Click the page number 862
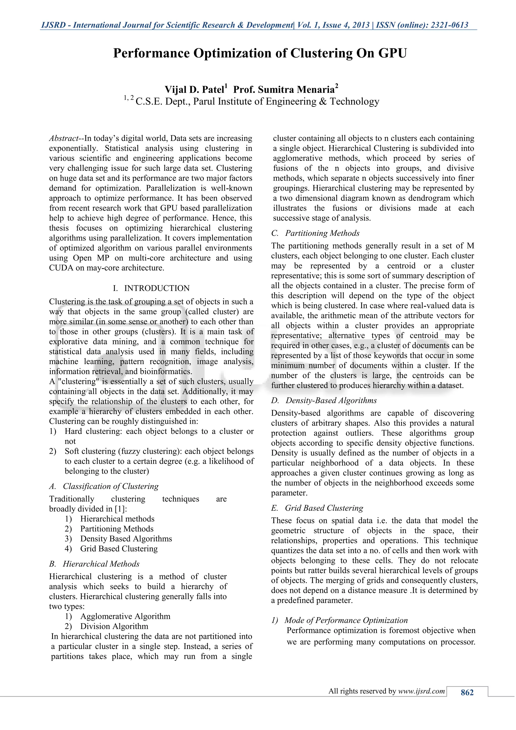467,692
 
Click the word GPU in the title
392,53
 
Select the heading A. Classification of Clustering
104,486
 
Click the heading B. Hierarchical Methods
94,564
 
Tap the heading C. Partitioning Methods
315,233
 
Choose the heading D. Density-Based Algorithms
324,400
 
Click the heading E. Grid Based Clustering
317,508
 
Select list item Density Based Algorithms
126,538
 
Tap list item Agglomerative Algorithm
125,616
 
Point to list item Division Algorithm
114,626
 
